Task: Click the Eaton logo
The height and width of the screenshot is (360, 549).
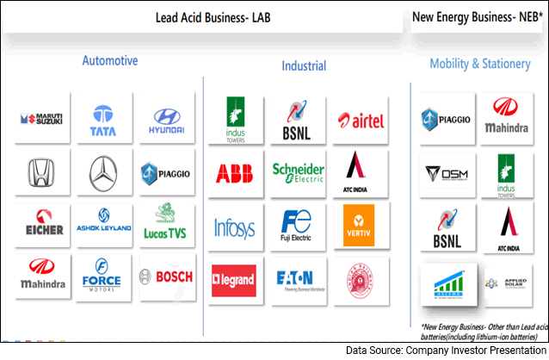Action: (x=298, y=277)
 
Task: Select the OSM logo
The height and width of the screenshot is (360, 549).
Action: (x=447, y=174)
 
